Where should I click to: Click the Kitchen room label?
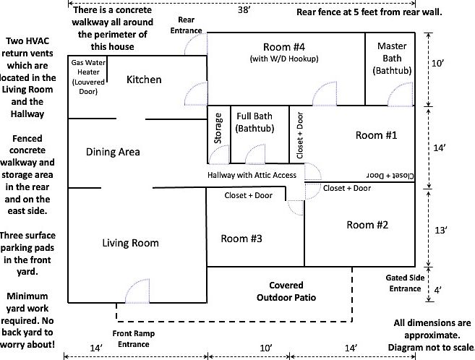(x=144, y=79)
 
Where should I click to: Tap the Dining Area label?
(x=113, y=152)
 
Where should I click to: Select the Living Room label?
(x=130, y=243)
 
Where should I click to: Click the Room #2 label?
(x=367, y=225)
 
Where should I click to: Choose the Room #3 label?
(x=241, y=239)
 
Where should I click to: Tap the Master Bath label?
(x=392, y=59)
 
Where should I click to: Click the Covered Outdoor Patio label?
(x=286, y=291)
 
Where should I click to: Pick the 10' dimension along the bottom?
(x=265, y=348)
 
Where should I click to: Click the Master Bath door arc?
(x=398, y=94)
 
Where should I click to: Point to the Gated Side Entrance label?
(x=403, y=283)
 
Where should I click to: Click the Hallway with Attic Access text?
(x=252, y=176)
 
